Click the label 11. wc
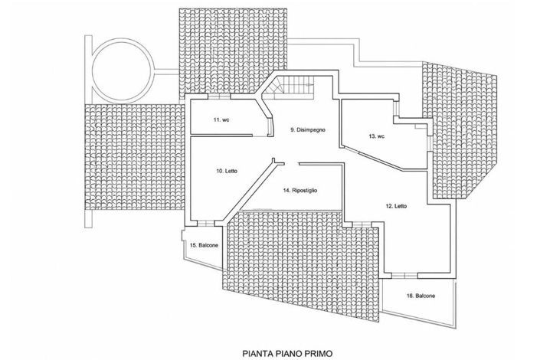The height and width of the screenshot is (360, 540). [221, 120]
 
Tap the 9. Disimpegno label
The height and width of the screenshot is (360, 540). [308, 130]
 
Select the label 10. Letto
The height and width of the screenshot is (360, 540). [227, 171]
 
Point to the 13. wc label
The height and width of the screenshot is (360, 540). [376, 136]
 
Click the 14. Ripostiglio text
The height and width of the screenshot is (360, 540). [300, 191]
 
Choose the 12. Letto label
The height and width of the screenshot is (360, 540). [396, 206]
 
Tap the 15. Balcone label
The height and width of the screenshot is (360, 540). [204, 246]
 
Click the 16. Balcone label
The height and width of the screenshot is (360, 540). [421, 296]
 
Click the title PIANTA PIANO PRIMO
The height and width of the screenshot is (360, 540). [287, 353]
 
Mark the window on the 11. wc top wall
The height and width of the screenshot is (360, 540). [219, 97]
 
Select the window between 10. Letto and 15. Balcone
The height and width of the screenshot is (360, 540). [206, 223]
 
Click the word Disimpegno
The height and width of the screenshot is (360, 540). [311, 130]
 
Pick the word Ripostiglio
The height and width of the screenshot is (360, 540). [305, 191]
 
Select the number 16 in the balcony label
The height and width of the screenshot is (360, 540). [410, 296]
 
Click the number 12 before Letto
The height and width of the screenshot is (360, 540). [389, 206]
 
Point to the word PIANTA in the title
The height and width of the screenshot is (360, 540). [257, 353]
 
